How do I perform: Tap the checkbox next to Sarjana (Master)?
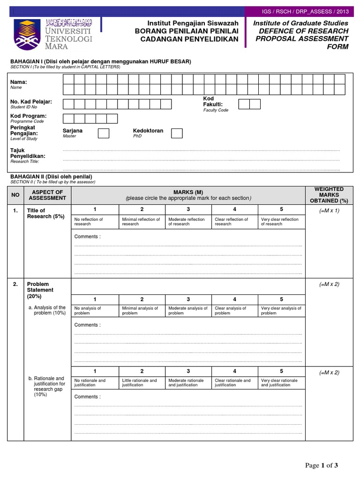(x=104, y=134)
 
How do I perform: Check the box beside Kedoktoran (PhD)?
(x=177, y=134)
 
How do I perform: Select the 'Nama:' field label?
(x=19, y=82)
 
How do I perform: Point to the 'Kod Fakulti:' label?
(x=213, y=101)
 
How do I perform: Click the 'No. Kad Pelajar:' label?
(x=31, y=102)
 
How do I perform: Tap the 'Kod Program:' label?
(x=28, y=116)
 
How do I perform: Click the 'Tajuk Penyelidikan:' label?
(x=28, y=153)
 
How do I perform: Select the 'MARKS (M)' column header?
(x=188, y=192)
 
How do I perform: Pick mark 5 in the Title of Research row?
(x=281, y=209)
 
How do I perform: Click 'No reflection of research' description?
(x=89, y=221)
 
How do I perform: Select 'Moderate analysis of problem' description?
(x=187, y=310)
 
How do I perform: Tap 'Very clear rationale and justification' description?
(x=279, y=382)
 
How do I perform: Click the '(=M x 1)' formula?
(x=329, y=211)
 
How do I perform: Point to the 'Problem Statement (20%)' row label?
(x=40, y=290)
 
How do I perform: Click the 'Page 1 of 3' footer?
(x=321, y=465)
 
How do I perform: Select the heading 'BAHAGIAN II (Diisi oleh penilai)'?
(x=51, y=176)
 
